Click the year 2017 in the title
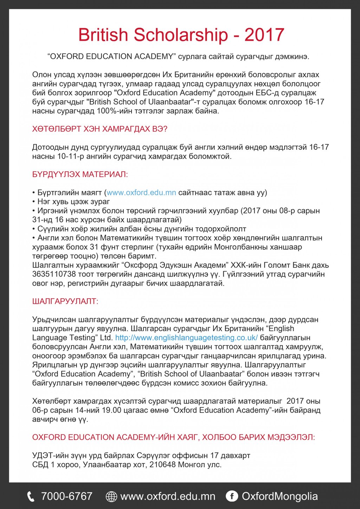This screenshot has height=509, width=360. tap(264, 35)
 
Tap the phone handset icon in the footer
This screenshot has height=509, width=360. tap(31, 496)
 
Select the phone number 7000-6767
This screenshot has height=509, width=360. tap(67, 496)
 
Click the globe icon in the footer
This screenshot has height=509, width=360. tap(111, 496)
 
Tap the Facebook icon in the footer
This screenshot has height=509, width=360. tap(232, 496)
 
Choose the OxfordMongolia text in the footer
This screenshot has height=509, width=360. tap(280, 496)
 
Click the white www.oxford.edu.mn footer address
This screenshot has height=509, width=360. tap(168, 496)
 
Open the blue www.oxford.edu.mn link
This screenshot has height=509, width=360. tap(141, 193)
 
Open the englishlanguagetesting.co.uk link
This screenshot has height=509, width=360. tap(186, 338)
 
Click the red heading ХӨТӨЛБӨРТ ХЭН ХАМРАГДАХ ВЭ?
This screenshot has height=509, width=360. tap(100, 129)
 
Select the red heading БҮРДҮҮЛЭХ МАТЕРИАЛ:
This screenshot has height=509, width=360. tap(80, 174)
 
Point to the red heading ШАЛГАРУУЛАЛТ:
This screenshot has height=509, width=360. tap(65, 301)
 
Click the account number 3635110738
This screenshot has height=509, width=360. tap(54, 274)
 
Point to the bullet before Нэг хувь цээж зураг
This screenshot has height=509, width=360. tap(34, 202)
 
